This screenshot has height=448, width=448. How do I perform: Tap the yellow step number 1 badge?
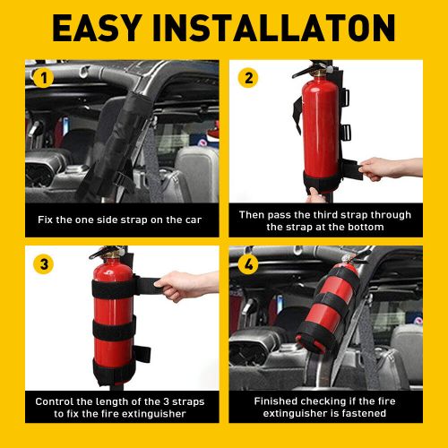click(x=41, y=77)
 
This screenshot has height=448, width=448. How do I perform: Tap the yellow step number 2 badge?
click(x=248, y=77)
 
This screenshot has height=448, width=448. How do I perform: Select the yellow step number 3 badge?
click(x=41, y=263)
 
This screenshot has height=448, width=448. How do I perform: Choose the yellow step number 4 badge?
click(x=248, y=263)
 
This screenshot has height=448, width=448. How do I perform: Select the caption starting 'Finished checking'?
click(x=324, y=408)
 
